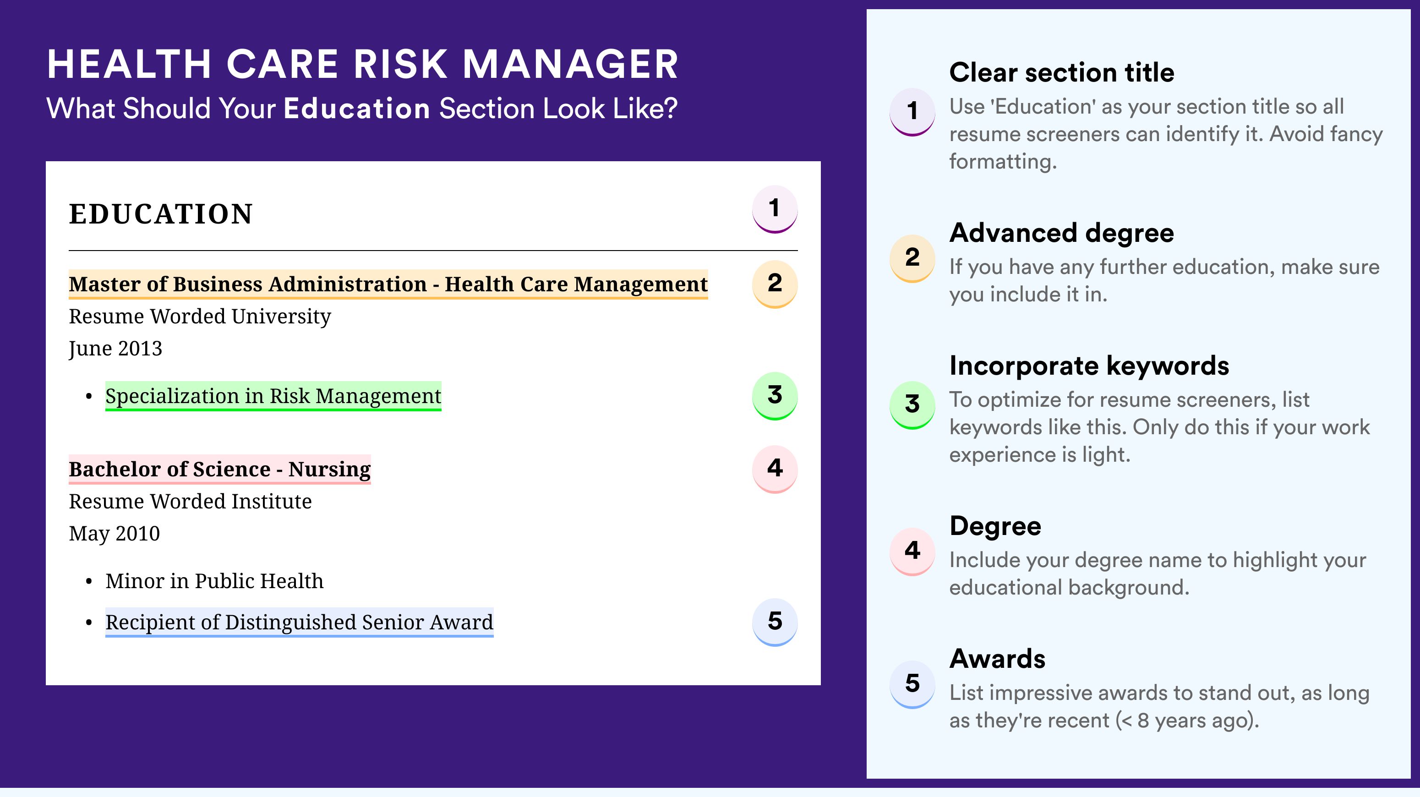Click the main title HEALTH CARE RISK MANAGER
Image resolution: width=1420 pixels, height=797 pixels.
click(x=363, y=64)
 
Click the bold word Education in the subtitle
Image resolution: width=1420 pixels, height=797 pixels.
click(x=357, y=108)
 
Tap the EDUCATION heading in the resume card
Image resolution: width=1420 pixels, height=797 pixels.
click(x=160, y=214)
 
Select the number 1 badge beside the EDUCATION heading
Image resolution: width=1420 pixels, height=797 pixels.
click(x=775, y=209)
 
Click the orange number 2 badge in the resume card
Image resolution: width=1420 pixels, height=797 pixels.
click(x=775, y=284)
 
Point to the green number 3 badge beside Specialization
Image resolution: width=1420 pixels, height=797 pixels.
click(x=775, y=396)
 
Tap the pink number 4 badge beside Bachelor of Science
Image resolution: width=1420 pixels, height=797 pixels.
click(x=775, y=469)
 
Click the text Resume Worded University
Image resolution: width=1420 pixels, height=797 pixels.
click(x=200, y=317)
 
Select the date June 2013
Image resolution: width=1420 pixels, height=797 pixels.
click(x=115, y=348)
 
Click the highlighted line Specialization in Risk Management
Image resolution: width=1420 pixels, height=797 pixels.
click(x=273, y=396)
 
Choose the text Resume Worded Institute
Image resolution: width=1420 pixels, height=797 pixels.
click(x=190, y=501)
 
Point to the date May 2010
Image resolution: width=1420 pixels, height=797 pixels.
click(x=114, y=534)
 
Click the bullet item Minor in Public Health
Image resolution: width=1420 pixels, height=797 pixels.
click(x=214, y=581)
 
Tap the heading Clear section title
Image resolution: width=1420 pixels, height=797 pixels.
click(x=1062, y=72)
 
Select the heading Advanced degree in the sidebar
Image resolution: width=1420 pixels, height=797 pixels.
click(x=1062, y=233)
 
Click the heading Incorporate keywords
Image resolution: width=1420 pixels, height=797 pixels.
click(x=1089, y=366)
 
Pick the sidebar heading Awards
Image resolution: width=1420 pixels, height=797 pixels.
click(x=997, y=659)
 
